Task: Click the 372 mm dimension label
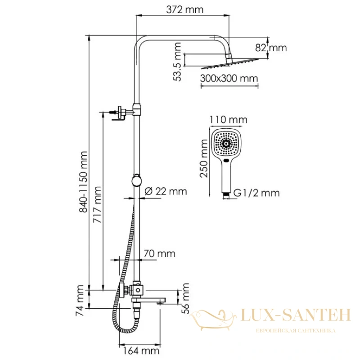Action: [184, 9]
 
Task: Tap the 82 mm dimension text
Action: [271, 48]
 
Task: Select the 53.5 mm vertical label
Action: [177, 62]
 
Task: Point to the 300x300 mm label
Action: [229, 78]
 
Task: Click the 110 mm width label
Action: [229, 120]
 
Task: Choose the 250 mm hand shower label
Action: [204, 158]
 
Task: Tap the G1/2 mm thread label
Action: [256, 193]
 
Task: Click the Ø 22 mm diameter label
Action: [166, 191]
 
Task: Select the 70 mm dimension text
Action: [160, 254]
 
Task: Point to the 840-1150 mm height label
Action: [83, 182]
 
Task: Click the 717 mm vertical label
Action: [97, 205]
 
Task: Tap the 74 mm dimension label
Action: [80, 301]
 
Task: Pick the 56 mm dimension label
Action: [185, 298]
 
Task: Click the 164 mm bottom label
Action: [141, 351]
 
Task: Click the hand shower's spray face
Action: [226, 144]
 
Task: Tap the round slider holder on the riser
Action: [137, 181]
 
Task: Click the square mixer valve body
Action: [138, 290]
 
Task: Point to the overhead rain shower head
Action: [230, 63]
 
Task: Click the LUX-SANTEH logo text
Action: [296, 315]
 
